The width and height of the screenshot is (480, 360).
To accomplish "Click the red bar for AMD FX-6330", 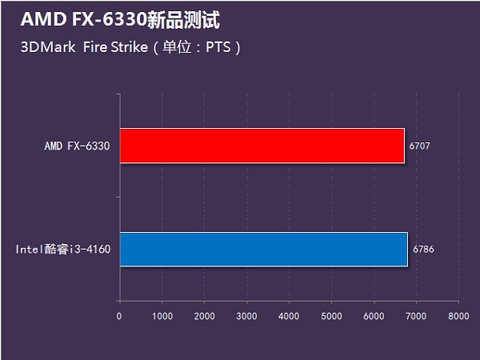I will pos(262,146).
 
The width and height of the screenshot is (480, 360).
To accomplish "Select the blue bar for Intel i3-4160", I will pos(263,250).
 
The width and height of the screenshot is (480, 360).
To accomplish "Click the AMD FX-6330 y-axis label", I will pos(77,146).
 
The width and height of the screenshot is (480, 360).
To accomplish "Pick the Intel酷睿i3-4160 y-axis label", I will pos(62,250).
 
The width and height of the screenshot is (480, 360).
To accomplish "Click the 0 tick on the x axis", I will pos(119,316).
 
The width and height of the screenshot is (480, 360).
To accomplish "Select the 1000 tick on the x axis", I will pos(162,316).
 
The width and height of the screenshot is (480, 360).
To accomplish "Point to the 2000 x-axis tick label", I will pos(204,316).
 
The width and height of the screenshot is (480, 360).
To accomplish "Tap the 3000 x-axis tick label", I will pos(246,316).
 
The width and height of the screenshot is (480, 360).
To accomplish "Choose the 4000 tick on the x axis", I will pos(289,316).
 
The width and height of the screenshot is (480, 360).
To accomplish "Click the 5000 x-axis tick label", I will pos(331,316).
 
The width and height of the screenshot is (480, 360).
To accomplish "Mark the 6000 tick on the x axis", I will pos(374,316).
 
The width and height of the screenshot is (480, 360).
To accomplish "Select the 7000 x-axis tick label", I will pos(416,316).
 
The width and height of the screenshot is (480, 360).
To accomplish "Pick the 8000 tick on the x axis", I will pos(458,316).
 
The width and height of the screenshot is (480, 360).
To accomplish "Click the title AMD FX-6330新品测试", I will pos(118,19).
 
